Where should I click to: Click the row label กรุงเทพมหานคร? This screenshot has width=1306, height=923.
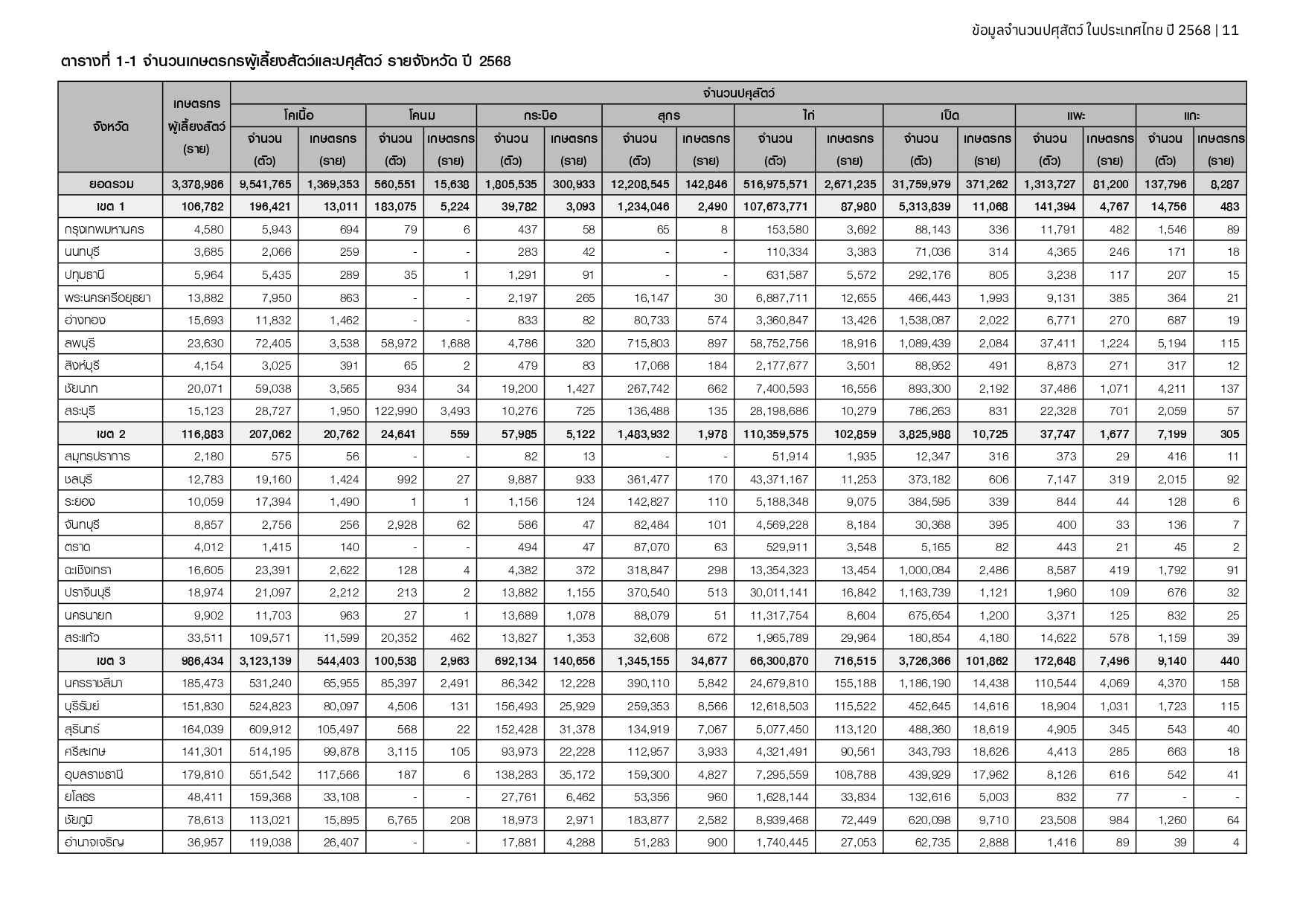tap(104, 230)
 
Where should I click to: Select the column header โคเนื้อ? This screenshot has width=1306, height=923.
tap(298, 115)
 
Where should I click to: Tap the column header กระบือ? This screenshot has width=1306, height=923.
tap(540, 115)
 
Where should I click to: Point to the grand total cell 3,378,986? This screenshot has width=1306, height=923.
tap(197, 184)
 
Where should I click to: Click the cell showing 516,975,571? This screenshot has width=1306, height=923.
tap(775, 184)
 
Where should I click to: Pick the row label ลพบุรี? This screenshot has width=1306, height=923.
tap(80, 344)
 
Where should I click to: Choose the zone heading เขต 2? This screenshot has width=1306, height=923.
tap(111, 434)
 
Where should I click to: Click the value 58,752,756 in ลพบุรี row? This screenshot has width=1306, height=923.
tap(775, 344)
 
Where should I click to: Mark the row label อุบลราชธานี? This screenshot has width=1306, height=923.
tap(94, 774)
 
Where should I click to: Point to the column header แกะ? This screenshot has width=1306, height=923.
tap(1191, 115)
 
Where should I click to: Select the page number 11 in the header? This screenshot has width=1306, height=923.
tap(1230, 30)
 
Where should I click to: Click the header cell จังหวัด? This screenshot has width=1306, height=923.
tap(111, 126)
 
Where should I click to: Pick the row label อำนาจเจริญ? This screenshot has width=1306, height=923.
tap(94, 843)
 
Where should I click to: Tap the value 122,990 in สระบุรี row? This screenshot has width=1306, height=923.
tap(396, 411)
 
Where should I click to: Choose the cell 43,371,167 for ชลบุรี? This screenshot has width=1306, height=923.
tap(775, 480)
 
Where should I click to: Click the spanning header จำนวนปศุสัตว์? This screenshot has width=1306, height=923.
tap(738, 93)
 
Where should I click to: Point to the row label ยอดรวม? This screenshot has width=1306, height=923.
tap(111, 184)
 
